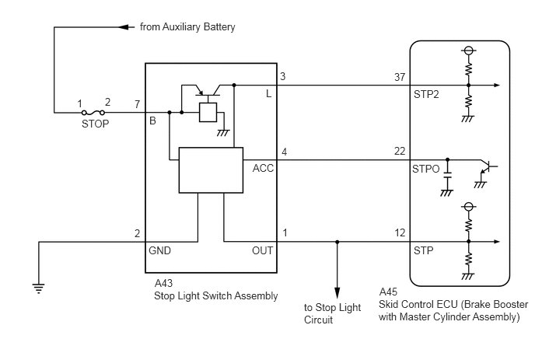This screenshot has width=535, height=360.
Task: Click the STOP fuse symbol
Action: [x=93, y=113]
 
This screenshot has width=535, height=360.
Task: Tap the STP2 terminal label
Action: [x=426, y=94]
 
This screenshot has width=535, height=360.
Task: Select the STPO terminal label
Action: [x=426, y=169]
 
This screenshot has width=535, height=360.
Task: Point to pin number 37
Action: [x=400, y=77]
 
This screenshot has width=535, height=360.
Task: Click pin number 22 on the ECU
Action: [x=400, y=151]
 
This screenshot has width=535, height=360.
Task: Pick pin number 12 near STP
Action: [x=400, y=233]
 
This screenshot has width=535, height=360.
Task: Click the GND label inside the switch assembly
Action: [x=159, y=250]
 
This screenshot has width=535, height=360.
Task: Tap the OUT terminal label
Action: [x=262, y=250]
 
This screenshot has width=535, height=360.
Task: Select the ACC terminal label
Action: [x=263, y=168]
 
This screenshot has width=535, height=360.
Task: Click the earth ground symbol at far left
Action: [x=39, y=288]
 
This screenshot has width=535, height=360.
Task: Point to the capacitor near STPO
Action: [x=447, y=175]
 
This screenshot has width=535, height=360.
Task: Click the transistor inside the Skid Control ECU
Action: [x=488, y=167]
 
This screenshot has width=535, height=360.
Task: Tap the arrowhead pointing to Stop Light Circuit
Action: [x=337, y=293]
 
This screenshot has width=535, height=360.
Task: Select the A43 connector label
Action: [x=164, y=283]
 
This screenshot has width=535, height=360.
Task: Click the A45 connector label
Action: [x=388, y=292]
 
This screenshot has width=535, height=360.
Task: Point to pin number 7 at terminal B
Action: [x=137, y=104]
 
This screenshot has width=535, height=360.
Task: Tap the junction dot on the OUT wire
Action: [x=337, y=242]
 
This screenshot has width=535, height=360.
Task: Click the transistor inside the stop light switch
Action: [x=208, y=91]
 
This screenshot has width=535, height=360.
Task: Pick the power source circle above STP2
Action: [x=468, y=51]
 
